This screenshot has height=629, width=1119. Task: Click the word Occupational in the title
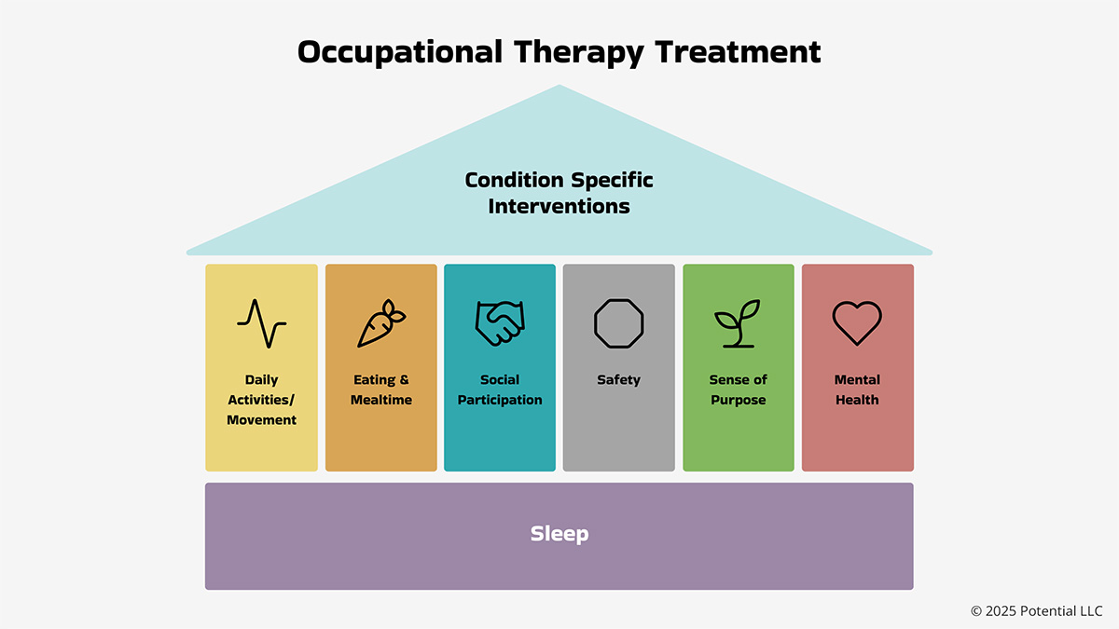400,52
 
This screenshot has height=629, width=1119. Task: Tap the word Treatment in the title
738,52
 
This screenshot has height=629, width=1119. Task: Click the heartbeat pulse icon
261,323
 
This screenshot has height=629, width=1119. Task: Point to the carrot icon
381,323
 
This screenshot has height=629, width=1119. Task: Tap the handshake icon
500,323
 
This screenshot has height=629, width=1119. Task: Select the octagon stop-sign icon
618,323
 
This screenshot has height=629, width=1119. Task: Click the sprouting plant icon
738,323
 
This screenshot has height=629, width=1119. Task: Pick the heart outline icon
857,323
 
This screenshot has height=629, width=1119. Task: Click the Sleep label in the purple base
559,534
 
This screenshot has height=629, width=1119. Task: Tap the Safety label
618,380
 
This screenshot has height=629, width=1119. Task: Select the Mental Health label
857,390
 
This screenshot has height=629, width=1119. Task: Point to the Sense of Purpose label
739,390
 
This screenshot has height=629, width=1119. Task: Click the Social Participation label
500,390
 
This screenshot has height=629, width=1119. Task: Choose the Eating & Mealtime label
381,390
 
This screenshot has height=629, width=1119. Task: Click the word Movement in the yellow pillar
261,420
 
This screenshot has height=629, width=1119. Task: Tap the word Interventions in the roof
559,206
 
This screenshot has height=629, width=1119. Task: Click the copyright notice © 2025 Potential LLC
1037,611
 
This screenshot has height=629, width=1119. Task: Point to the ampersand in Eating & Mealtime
404,379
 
